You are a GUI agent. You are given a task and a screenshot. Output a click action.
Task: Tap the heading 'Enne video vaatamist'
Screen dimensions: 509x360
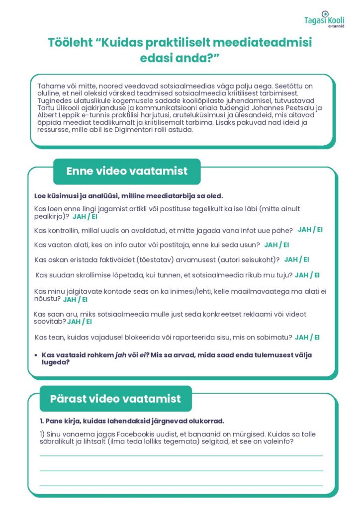127,171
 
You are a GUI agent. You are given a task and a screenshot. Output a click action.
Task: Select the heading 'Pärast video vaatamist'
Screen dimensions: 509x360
115,399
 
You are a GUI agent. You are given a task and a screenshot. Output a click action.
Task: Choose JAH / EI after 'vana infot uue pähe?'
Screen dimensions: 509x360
310,230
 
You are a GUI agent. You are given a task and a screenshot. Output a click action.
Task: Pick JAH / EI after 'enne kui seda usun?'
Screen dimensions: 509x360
276,245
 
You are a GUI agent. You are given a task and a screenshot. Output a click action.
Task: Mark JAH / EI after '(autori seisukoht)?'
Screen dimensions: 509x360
297,259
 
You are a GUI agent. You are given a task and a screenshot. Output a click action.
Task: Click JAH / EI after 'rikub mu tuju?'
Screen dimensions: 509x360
307,275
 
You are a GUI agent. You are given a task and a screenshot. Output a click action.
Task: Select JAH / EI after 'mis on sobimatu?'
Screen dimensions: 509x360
307,337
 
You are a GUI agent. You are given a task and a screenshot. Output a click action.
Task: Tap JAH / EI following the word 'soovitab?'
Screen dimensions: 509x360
80,322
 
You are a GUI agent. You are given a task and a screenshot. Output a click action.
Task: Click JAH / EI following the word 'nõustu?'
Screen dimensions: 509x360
75,299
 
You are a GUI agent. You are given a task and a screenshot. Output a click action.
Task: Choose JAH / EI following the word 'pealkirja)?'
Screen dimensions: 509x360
85,217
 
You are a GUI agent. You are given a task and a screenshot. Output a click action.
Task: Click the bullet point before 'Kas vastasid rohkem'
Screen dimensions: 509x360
36,355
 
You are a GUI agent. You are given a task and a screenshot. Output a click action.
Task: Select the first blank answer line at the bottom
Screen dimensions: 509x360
181,455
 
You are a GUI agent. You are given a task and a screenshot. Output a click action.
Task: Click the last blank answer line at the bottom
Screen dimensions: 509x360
181,485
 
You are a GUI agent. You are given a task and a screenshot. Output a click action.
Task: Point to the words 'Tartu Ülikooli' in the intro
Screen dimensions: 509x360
59,107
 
